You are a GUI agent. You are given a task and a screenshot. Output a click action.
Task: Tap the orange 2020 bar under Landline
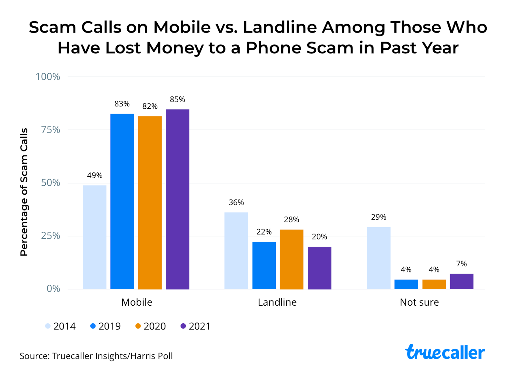coord(292,259)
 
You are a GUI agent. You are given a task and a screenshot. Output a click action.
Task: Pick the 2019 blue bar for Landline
coord(264,265)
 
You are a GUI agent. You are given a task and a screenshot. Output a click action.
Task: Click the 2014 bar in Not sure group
coord(379,258)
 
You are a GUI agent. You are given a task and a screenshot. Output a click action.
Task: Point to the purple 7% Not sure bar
coord(461,281)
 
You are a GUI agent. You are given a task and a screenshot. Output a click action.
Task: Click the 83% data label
coord(122,104)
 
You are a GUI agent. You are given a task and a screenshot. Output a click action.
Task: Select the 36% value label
coord(236,202)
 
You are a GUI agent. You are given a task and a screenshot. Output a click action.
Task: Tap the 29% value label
coord(379,217)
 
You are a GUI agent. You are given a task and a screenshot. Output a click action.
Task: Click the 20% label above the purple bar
coord(319,237)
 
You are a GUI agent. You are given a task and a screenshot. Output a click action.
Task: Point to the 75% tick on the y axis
coord(50,130)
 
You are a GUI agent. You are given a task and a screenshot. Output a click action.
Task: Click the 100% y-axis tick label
coord(48,77)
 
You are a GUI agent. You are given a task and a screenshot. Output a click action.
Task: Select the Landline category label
coord(277,302)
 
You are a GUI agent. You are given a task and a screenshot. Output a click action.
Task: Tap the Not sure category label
coord(419,302)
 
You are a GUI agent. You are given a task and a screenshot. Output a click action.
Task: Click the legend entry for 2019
coord(105,326)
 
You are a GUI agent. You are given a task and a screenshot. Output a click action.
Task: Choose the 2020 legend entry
coord(151,326)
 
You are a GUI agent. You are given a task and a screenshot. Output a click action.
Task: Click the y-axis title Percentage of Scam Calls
coord(24,192)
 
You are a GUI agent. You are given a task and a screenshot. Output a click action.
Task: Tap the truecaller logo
coord(445,352)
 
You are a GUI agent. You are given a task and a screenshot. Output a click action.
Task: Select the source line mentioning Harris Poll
coord(96,356)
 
